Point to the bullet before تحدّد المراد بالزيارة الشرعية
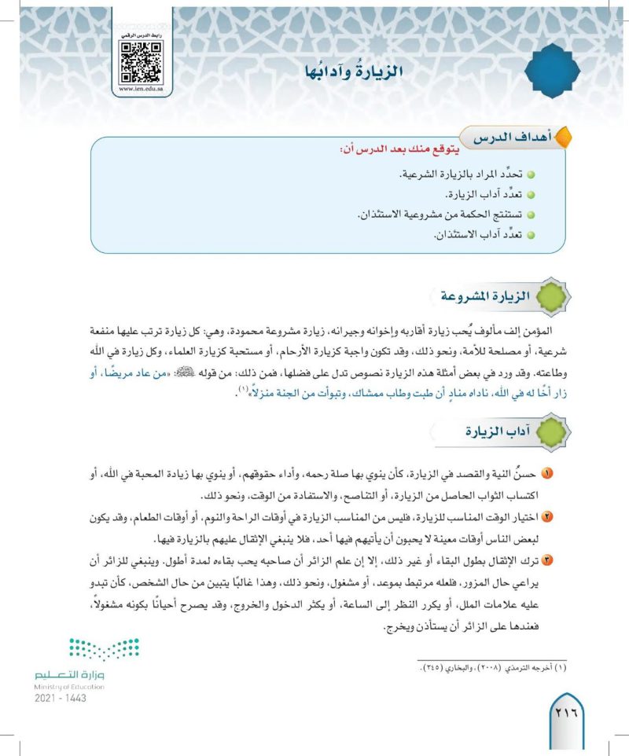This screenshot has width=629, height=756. [x=530, y=172]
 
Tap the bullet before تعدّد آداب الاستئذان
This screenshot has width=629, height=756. [x=530, y=235]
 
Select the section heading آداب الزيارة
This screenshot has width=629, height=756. [x=482, y=431]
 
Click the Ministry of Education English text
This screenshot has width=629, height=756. [x=71, y=686]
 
